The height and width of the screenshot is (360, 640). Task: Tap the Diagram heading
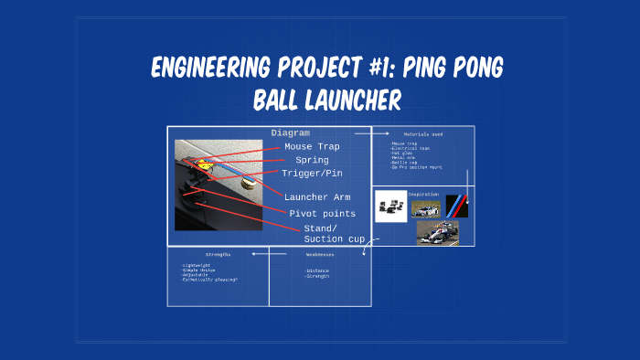point(290,133)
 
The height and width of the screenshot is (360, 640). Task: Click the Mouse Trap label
point(311,146)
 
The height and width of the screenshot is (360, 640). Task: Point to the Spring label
point(312,160)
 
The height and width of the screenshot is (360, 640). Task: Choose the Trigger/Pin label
point(312,173)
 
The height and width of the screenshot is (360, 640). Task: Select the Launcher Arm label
point(317,197)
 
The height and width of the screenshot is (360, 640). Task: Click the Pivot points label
point(323,214)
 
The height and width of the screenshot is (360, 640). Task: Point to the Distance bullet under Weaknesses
point(319,270)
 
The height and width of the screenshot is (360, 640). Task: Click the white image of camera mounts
point(392,206)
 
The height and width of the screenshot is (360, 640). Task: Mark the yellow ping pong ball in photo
point(244,182)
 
